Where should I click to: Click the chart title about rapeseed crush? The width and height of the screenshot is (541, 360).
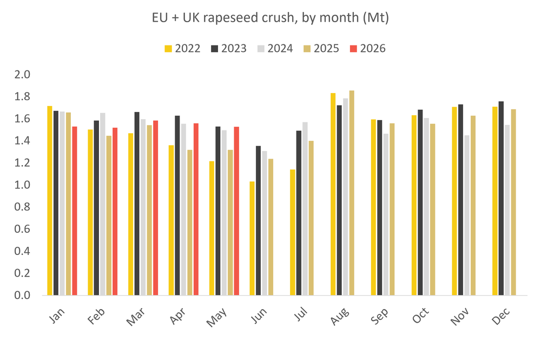point(270,17)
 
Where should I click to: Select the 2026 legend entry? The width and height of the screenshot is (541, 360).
point(367,48)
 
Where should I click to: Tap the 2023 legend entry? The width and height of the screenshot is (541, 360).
point(229,48)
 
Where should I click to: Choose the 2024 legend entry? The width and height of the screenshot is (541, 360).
point(275,48)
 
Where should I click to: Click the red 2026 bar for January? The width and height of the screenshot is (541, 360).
point(75,211)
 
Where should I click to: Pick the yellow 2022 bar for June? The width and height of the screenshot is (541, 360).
point(252,238)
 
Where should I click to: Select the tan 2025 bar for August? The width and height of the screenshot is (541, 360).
point(352,193)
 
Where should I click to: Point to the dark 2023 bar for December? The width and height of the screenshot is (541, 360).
point(501,198)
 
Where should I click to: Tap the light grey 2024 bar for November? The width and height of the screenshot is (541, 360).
point(467,215)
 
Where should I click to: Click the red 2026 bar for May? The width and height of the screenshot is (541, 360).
point(236,211)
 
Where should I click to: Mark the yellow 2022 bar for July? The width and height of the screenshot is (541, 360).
point(293,232)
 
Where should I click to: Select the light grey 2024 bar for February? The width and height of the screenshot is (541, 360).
point(102,204)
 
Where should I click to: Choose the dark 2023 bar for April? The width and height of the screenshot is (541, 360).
point(177,205)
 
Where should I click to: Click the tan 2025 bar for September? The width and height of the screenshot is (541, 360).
point(392,209)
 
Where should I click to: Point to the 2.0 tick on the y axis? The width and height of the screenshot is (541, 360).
point(22,74)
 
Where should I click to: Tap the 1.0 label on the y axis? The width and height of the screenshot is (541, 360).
point(22,185)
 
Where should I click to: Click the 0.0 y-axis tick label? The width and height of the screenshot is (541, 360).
point(22,295)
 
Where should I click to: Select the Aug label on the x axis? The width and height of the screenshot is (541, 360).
point(340,316)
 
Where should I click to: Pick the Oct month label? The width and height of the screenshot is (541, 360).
point(420,316)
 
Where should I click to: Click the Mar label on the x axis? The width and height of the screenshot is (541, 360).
point(136,317)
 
